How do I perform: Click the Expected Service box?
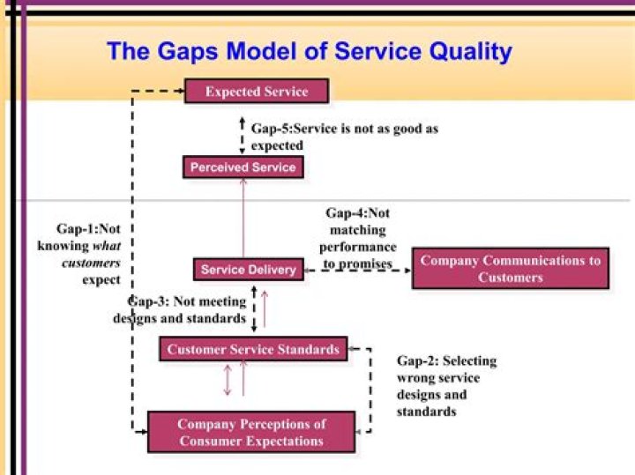point(257,91)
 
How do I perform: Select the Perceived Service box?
point(243,167)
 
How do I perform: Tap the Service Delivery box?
point(248,269)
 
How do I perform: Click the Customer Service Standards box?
point(253,349)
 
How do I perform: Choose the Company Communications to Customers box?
point(511,268)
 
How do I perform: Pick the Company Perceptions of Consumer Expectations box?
point(251,432)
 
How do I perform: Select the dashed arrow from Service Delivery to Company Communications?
point(356,271)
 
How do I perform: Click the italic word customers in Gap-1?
point(91,263)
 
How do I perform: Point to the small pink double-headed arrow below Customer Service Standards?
point(228,380)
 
